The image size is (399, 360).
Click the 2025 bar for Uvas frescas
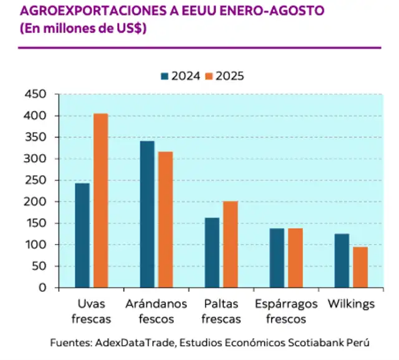click(100, 200)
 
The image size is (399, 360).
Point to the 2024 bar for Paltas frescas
click(212, 253)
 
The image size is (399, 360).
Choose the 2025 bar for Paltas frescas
click(230, 244)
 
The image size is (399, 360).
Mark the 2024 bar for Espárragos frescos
click(277, 258)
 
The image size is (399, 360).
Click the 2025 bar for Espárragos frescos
click(295, 258)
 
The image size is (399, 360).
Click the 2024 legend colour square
click(165, 76)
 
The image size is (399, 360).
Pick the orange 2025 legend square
click(209, 76)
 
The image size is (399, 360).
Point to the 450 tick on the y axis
click(36, 94)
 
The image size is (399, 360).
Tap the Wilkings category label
click(351, 304)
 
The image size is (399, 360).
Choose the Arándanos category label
click(156, 304)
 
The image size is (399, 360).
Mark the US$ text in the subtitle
click(127, 28)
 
